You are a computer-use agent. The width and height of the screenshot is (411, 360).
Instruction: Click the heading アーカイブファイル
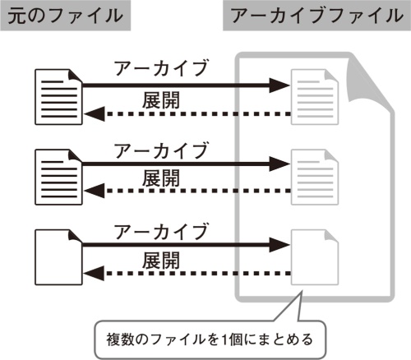click(316, 16)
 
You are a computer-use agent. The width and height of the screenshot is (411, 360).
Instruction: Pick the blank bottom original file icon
click(58, 256)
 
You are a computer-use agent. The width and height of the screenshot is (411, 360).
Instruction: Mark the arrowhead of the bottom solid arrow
click(279, 244)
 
